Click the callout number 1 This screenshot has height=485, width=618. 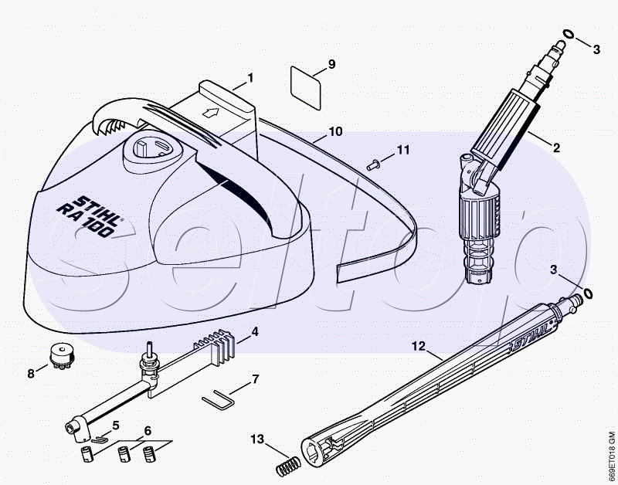(250, 78)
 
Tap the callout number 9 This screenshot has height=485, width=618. (331, 64)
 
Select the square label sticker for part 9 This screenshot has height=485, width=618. (305, 87)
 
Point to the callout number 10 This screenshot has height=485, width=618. (335, 131)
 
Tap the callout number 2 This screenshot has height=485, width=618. (556, 148)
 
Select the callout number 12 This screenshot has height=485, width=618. (419, 346)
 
